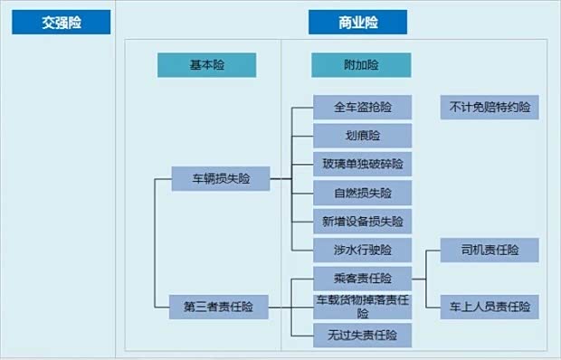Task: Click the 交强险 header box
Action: coord(61,23)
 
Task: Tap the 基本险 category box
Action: coord(206,65)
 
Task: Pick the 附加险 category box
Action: coord(361,65)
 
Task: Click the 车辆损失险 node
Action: coord(221,178)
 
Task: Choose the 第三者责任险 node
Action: coord(221,307)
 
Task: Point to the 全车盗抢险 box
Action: coord(362,108)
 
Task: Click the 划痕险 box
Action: coord(362,136)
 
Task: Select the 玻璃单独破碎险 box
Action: coord(362,164)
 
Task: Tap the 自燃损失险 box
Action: coord(362,193)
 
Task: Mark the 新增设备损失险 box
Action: coord(362,221)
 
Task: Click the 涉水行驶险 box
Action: coord(362,249)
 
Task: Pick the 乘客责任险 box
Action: coord(362,279)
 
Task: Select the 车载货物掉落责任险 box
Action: coord(362,306)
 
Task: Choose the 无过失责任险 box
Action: coord(362,335)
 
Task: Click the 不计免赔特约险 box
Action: coord(490,108)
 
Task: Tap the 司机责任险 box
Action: coord(490,250)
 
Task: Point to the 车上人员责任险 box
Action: coord(490,306)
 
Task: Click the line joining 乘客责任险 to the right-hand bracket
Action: coord(419,279)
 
